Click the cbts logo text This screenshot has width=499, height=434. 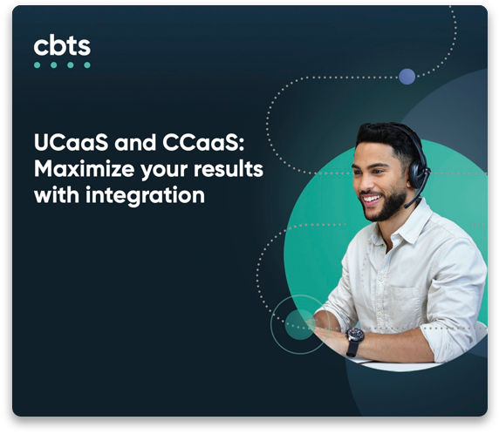tap(61, 45)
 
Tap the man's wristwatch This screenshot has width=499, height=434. tap(354, 339)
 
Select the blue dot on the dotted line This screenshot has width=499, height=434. tap(407, 77)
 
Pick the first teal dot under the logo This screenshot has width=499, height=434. tap(38, 64)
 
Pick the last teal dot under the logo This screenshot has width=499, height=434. tap(86, 64)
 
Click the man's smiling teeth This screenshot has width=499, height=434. tap(373, 198)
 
